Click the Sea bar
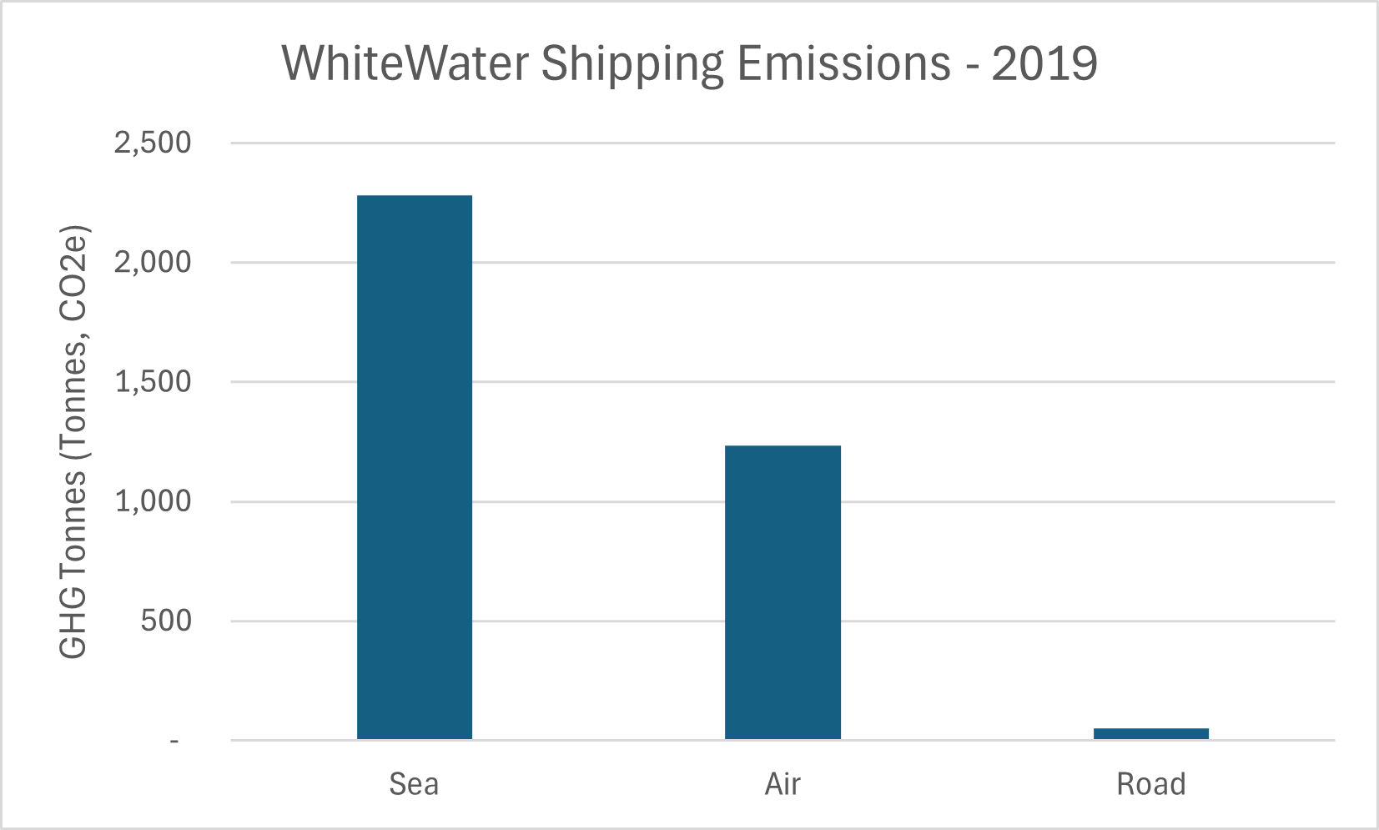[x=415, y=467]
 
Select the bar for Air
[x=783, y=592]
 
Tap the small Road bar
[x=1150, y=733]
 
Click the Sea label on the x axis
[x=414, y=784]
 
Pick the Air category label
[x=783, y=784]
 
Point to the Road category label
[x=1150, y=784]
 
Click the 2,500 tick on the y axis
[x=153, y=143]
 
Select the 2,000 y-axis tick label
[x=153, y=262]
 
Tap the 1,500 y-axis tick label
[x=153, y=382]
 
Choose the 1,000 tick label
[x=153, y=501]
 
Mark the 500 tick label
[x=166, y=621]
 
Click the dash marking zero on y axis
[x=174, y=741]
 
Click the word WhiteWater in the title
[x=405, y=63]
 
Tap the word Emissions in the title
[x=844, y=63]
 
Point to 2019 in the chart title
[x=1044, y=63]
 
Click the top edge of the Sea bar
[x=415, y=196]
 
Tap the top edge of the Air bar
[x=783, y=446]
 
